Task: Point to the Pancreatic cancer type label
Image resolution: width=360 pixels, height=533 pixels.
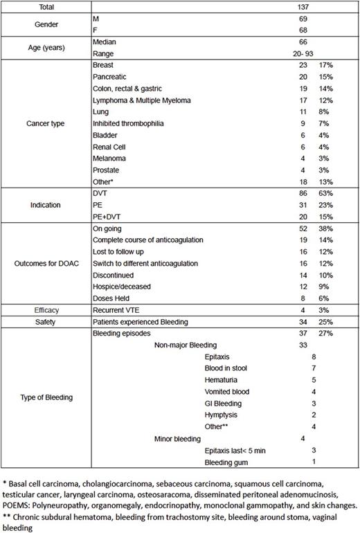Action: coord(111,75)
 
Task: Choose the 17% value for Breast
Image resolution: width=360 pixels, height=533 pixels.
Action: coord(324,64)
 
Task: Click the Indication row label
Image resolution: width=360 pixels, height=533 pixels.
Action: coord(44,206)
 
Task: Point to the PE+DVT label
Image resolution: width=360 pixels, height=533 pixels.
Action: coord(107,218)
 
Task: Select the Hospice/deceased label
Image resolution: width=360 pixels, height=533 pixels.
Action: coord(120,289)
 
